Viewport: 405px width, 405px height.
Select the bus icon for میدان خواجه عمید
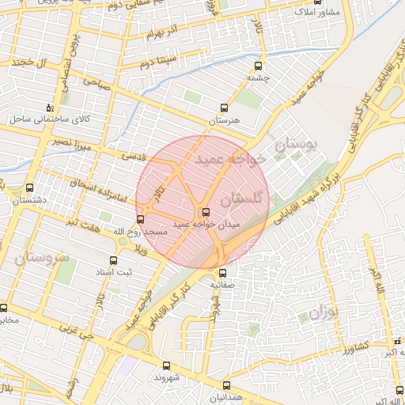coord(206,212)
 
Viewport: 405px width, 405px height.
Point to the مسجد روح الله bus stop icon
coord(140,219)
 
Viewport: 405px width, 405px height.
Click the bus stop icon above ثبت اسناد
coord(113,259)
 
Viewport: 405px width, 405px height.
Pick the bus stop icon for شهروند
coord(166,365)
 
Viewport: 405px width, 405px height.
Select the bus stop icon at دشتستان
coord(29,188)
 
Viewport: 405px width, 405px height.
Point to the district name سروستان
coord(42,258)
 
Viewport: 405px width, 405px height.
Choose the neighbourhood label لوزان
coord(322,312)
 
